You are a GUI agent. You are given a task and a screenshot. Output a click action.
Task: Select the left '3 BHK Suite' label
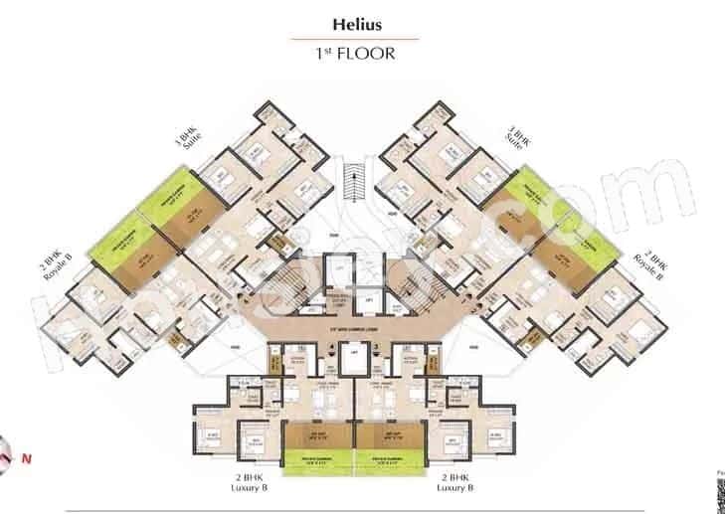[x=190, y=138]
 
